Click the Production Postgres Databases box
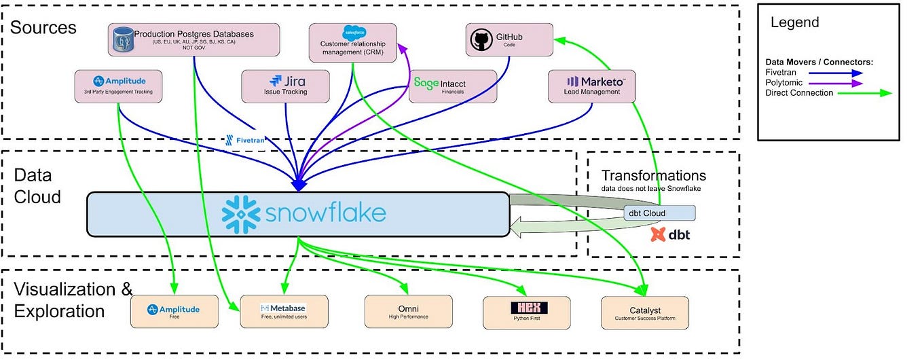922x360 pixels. click(x=194, y=40)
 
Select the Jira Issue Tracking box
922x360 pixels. click(x=286, y=86)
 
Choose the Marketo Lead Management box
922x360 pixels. click(x=592, y=86)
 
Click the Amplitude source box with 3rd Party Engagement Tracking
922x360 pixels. click(x=118, y=86)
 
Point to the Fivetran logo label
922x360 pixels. click(x=244, y=141)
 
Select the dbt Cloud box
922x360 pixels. click(x=659, y=213)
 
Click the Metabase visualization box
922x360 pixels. click(x=284, y=312)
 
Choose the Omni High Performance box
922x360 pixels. click(x=408, y=312)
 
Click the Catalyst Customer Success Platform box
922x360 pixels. click(x=645, y=312)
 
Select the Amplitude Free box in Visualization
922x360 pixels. click(x=174, y=312)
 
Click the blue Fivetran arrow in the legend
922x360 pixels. click(x=838, y=73)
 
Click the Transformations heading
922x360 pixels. click(x=653, y=176)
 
